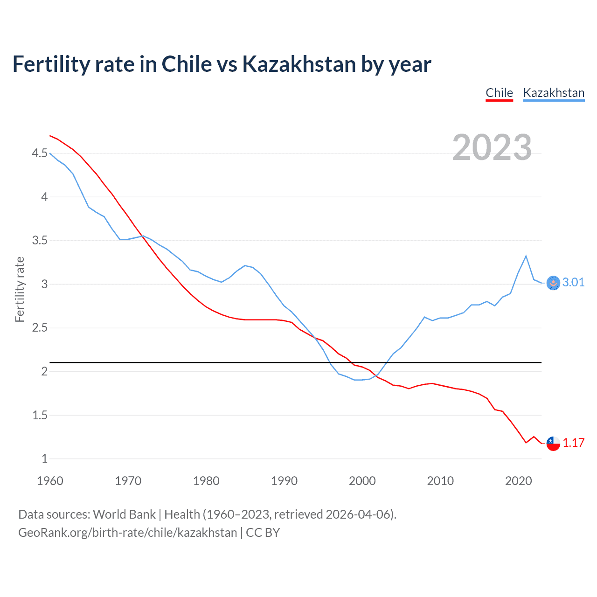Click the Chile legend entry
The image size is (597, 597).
pos(499,93)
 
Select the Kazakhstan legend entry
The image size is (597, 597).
pos(554,93)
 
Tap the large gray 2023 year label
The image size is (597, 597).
pos(492,147)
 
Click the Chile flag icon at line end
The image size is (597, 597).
pos(553,443)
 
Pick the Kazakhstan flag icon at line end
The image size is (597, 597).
pos(553,283)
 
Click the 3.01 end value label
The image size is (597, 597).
pos(573,282)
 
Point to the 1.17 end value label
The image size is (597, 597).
pos(573,443)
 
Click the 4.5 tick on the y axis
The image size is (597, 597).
pos(40,153)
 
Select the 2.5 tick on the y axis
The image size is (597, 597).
pos(40,328)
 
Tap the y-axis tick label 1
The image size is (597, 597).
pos(44,458)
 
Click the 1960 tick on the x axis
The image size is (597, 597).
pos(50,481)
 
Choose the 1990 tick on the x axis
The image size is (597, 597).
pos(284,481)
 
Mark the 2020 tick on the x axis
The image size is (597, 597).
pos(518,481)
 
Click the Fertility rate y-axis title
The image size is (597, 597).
pos(20,289)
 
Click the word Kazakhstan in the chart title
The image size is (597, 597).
pos(299,64)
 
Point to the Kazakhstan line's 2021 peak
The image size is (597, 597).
pos(526,256)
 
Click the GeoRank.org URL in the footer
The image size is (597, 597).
pos(127,533)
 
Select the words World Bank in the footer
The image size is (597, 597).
pos(124,514)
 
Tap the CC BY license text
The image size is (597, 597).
pos(263,533)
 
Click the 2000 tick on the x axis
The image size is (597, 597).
pos(362,481)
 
